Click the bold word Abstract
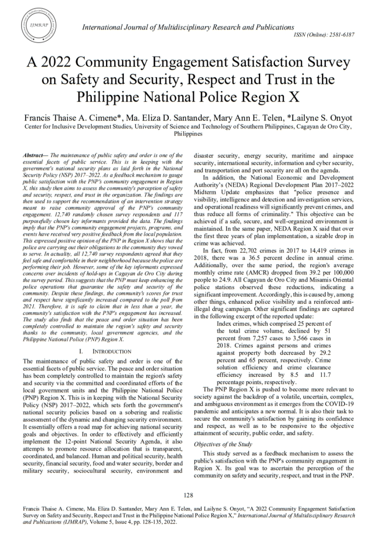34,155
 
